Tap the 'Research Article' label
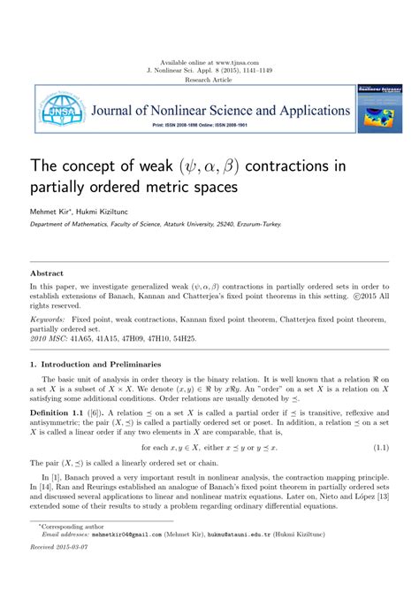click(x=209, y=80)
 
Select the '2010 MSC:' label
click(x=50, y=337)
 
